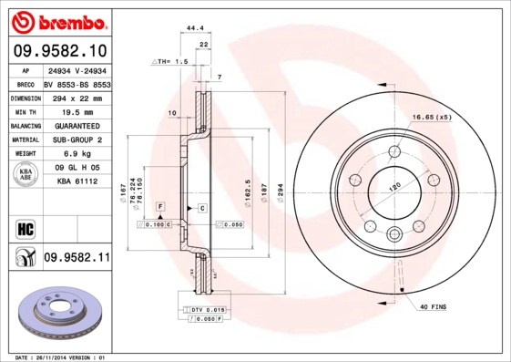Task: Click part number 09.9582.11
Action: click(x=76, y=258)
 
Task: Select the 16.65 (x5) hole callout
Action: click(x=431, y=118)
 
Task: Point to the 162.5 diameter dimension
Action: click(x=247, y=196)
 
